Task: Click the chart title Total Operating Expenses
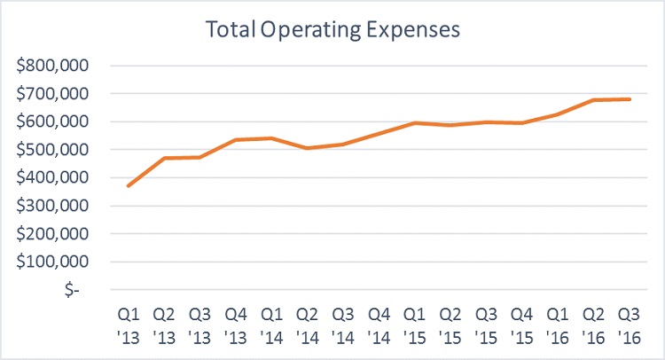pyautogui.click(x=332, y=29)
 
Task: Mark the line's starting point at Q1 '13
pyautogui.click(x=129, y=185)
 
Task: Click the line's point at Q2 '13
pyautogui.click(x=165, y=158)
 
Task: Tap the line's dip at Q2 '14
pyautogui.click(x=306, y=148)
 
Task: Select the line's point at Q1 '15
pyautogui.click(x=413, y=123)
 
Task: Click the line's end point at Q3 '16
pyautogui.click(x=629, y=99)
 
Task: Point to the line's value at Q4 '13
pyautogui.click(x=235, y=140)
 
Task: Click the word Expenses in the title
pyautogui.click(x=417, y=29)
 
